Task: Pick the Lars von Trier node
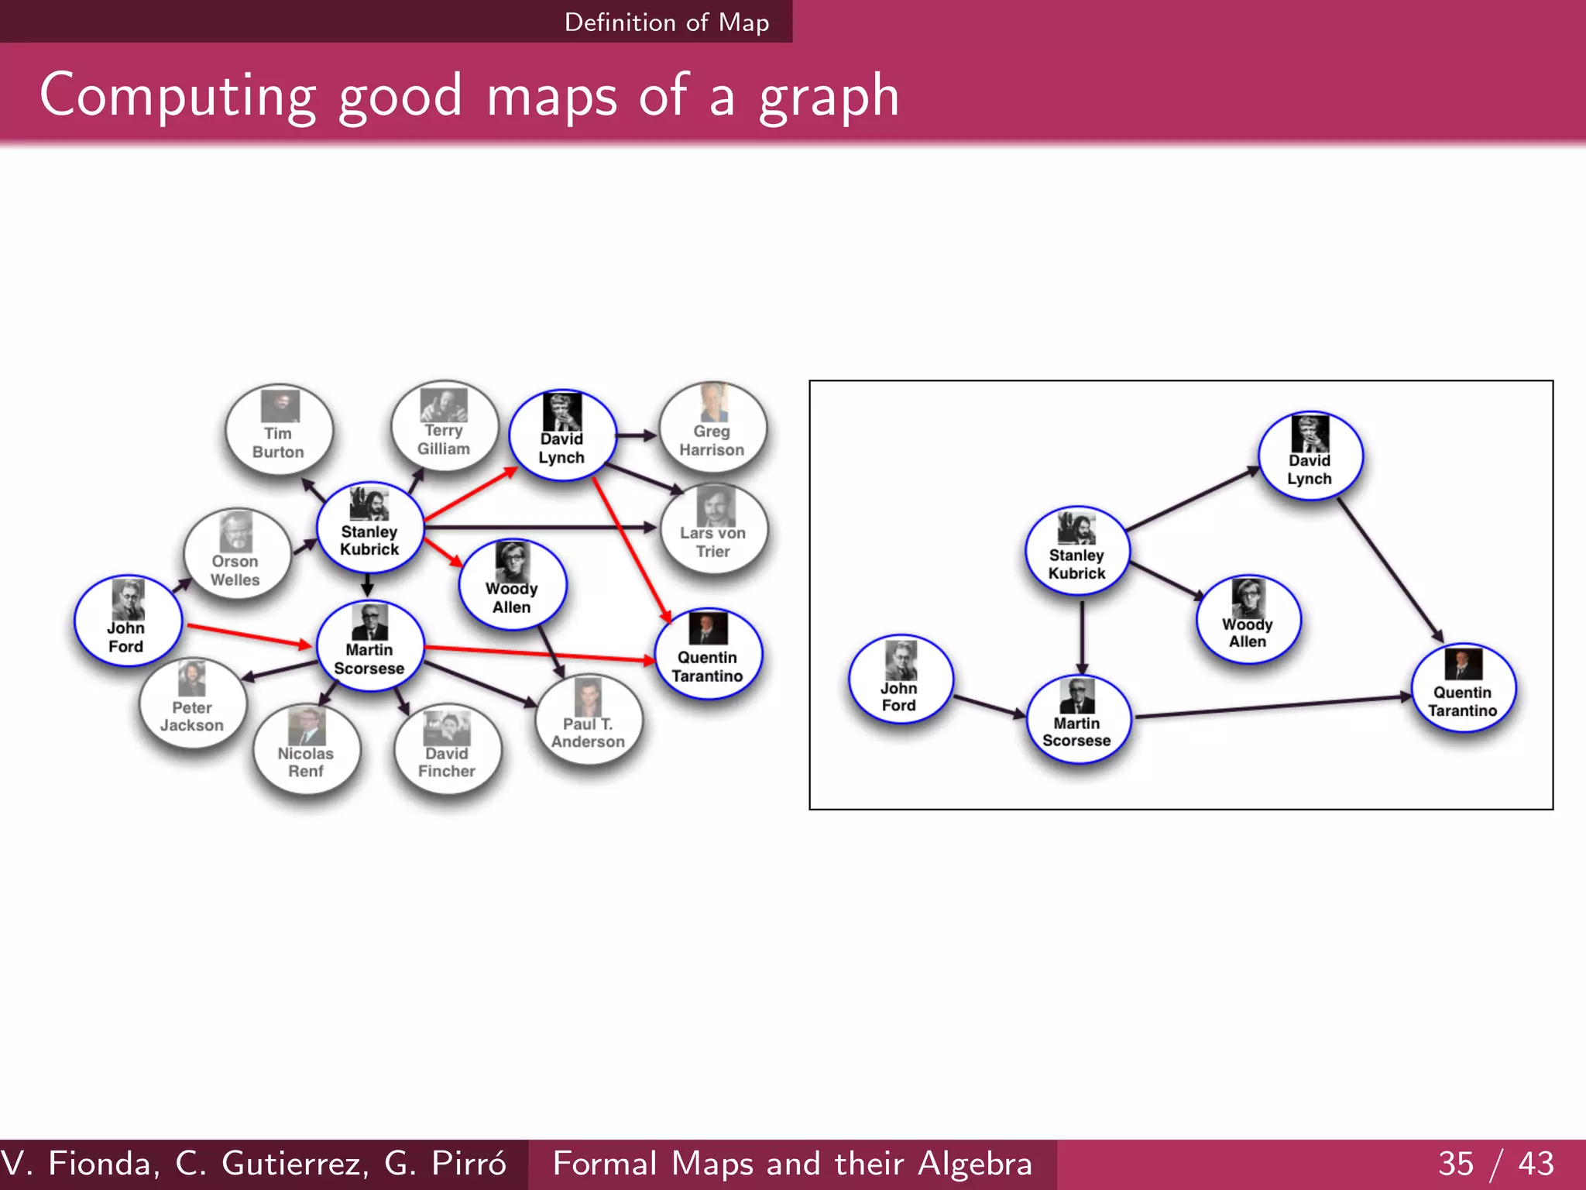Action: pyautogui.click(x=713, y=531)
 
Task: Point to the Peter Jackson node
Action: pyautogui.click(x=193, y=704)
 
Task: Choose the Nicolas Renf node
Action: pyautogui.click(x=307, y=750)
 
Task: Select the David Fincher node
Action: pyautogui.click(x=447, y=750)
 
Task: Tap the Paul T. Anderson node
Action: pyautogui.click(x=589, y=720)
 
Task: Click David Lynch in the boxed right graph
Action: pyautogui.click(x=1310, y=456)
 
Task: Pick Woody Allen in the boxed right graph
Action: pyautogui.click(x=1248, y=620)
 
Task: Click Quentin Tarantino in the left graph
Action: pyautogui.click(x=708, y=654)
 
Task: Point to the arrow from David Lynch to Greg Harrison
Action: pyautogui.click(x=637, y=435)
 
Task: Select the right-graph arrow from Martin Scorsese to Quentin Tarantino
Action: pyautogui.click(x=1270, y=707)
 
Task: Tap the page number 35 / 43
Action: pyautogui.click(x=1495, y=1164)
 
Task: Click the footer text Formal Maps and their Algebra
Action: pyautogui.click(x=792, y=1164)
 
